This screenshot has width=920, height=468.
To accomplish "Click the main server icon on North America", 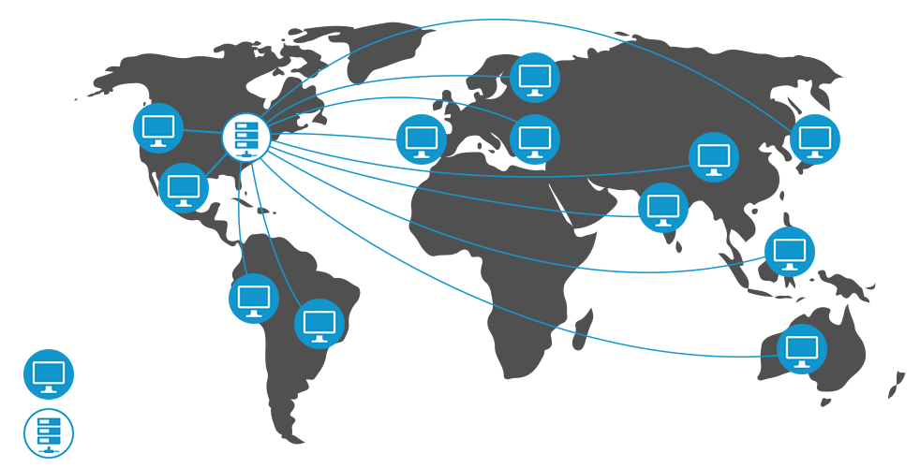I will click(246, 138).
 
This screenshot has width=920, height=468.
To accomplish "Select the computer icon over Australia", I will click(803, 349).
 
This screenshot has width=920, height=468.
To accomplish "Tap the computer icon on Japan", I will click(815, 139).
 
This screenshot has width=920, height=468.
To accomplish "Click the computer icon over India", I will click(663, 207).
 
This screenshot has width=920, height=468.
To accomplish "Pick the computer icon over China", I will click(714, 157).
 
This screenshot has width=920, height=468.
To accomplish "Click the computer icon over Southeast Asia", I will click(790, 251).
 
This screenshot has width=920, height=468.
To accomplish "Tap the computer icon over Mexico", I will click(184, 187).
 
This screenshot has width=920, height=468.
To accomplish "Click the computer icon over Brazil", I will click(319, 325).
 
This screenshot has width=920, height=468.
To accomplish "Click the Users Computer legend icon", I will click(49, 375).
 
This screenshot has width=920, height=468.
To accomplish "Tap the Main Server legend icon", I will click(49, 433).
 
